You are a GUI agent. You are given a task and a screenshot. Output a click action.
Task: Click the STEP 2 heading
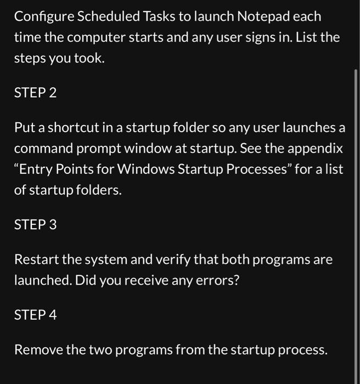[35, 93]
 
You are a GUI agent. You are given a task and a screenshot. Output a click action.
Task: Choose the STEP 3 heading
[35, 224]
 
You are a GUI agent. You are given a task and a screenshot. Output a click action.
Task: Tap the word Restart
[36, 259]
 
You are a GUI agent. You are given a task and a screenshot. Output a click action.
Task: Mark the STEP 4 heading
[35, 315]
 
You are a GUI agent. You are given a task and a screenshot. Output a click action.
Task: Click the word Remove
[37, 349]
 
